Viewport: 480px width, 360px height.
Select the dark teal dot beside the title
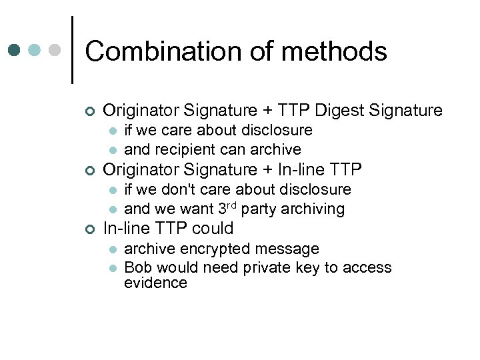coord(15,50)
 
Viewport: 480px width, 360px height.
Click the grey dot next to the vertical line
coord(55,50)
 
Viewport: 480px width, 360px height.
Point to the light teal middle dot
coord(35,50)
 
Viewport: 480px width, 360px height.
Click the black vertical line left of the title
coord(72,50)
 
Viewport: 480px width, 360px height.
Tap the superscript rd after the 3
coord(231,205)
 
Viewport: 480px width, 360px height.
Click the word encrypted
coord(216,249)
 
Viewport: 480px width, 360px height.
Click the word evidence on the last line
coord(155,283)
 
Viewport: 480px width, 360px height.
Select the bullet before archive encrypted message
coord(114,250)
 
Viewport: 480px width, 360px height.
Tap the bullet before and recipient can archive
coord(114,150)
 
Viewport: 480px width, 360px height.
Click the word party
coord(258,209)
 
